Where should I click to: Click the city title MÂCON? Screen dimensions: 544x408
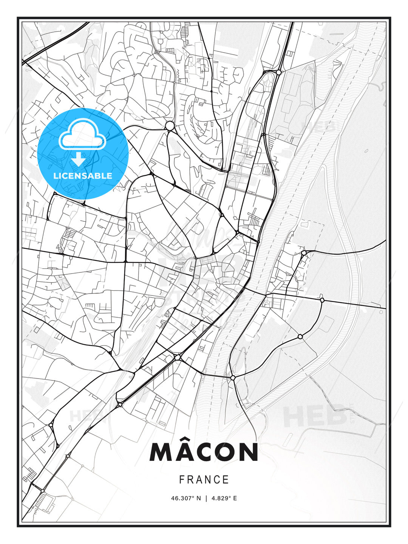click(x=204, y=452)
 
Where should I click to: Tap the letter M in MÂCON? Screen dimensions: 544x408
click(x=162, y=453)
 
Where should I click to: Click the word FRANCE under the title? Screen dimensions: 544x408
click(x=204, y=480)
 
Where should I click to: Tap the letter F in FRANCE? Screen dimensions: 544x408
click(x=182, y=480)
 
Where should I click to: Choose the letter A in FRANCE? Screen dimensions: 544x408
click(x=199, y=480)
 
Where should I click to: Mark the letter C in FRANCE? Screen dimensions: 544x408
click(x=217, y=480)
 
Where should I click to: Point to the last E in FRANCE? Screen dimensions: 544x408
click(x=226, y=480)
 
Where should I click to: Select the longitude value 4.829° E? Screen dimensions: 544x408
click(x=224, y=498)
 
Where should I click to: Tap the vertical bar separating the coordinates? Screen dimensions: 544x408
click(x=206, y=498)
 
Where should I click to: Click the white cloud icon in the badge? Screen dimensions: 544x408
click(x=82, y=135)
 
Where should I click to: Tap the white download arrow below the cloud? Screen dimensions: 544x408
click(x=79, y=159)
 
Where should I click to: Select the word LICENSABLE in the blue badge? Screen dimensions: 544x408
click(x=83, y=176)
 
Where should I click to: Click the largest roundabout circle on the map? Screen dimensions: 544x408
click(x=170, y=126)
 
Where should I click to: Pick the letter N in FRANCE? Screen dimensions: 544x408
click(x=208, y=480)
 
